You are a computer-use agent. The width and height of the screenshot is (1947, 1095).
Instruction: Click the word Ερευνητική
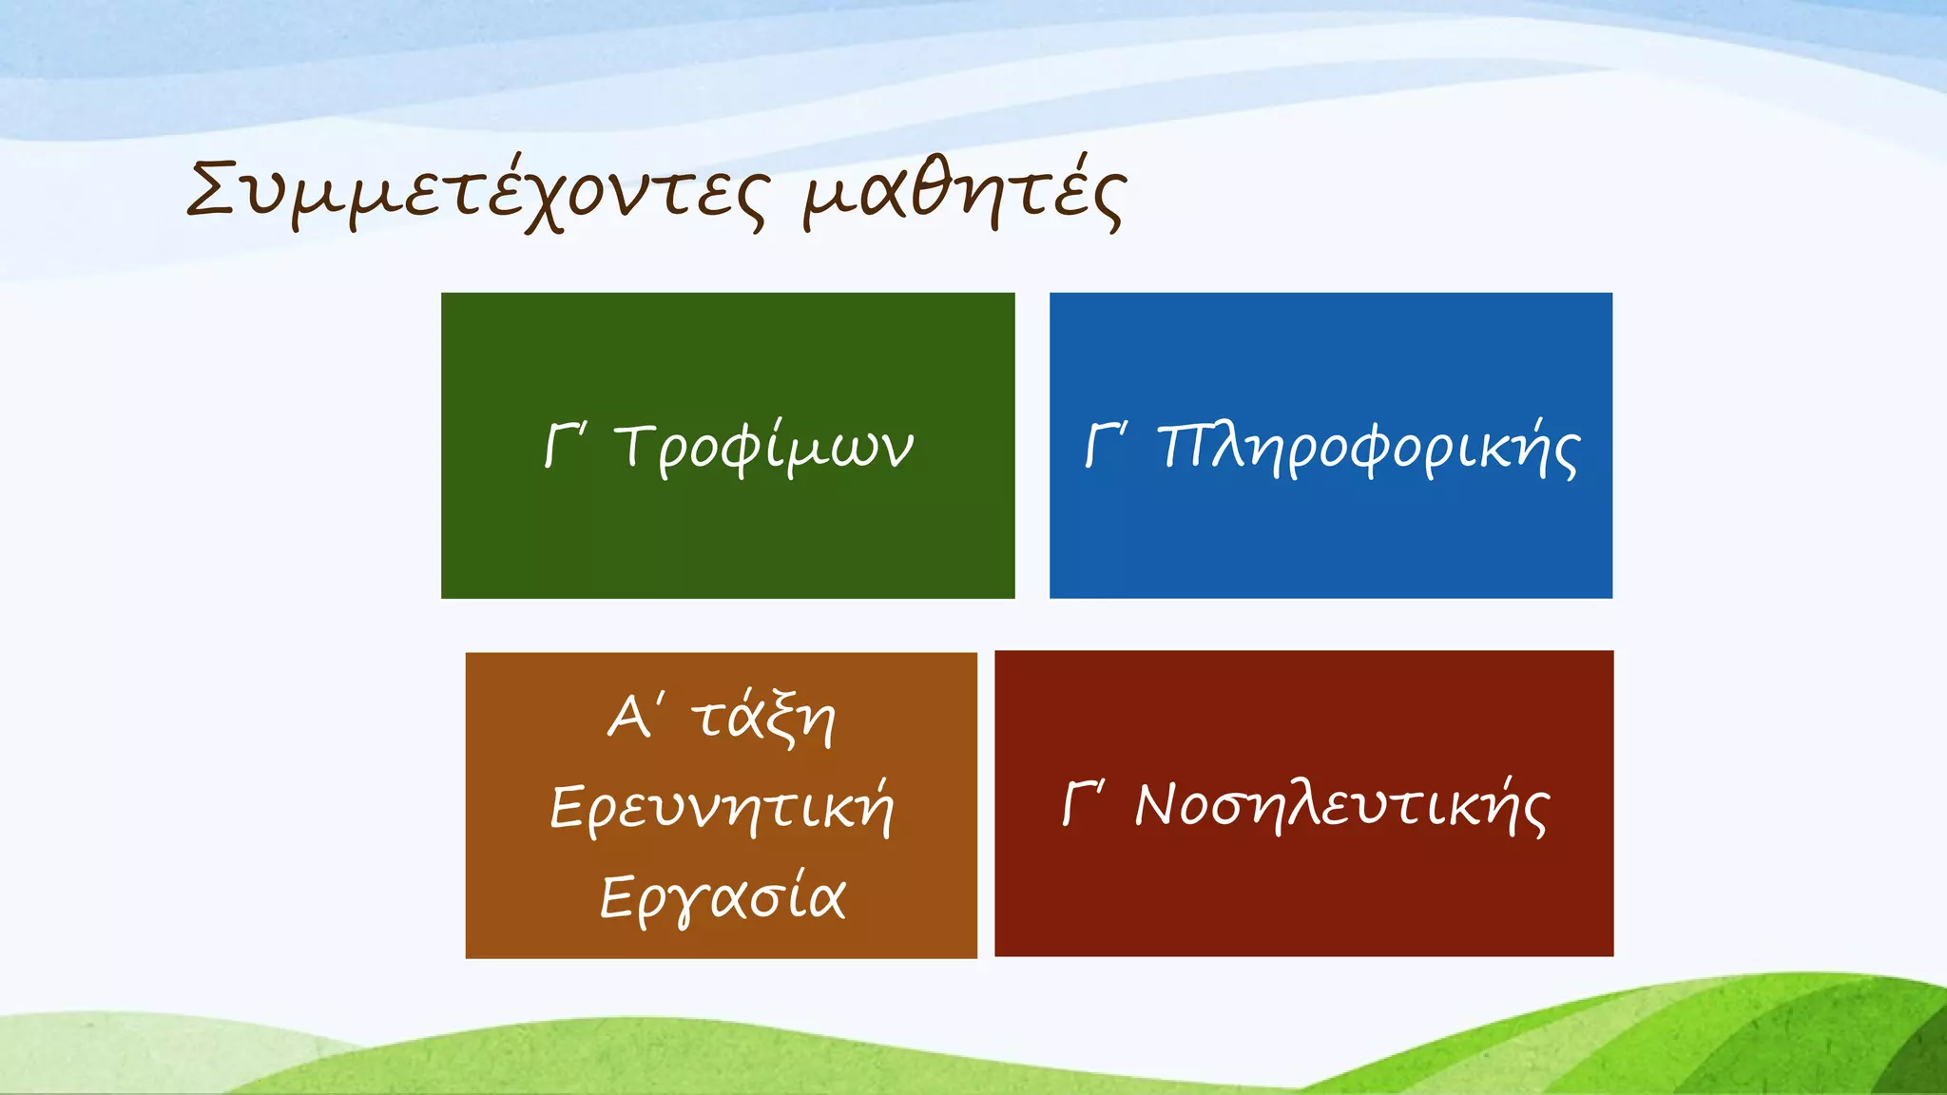pos(722,808)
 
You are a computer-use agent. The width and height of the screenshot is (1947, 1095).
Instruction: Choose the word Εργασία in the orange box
pos(722,896)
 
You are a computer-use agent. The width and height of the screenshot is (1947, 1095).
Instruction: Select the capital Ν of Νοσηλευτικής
pos(1161,805)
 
